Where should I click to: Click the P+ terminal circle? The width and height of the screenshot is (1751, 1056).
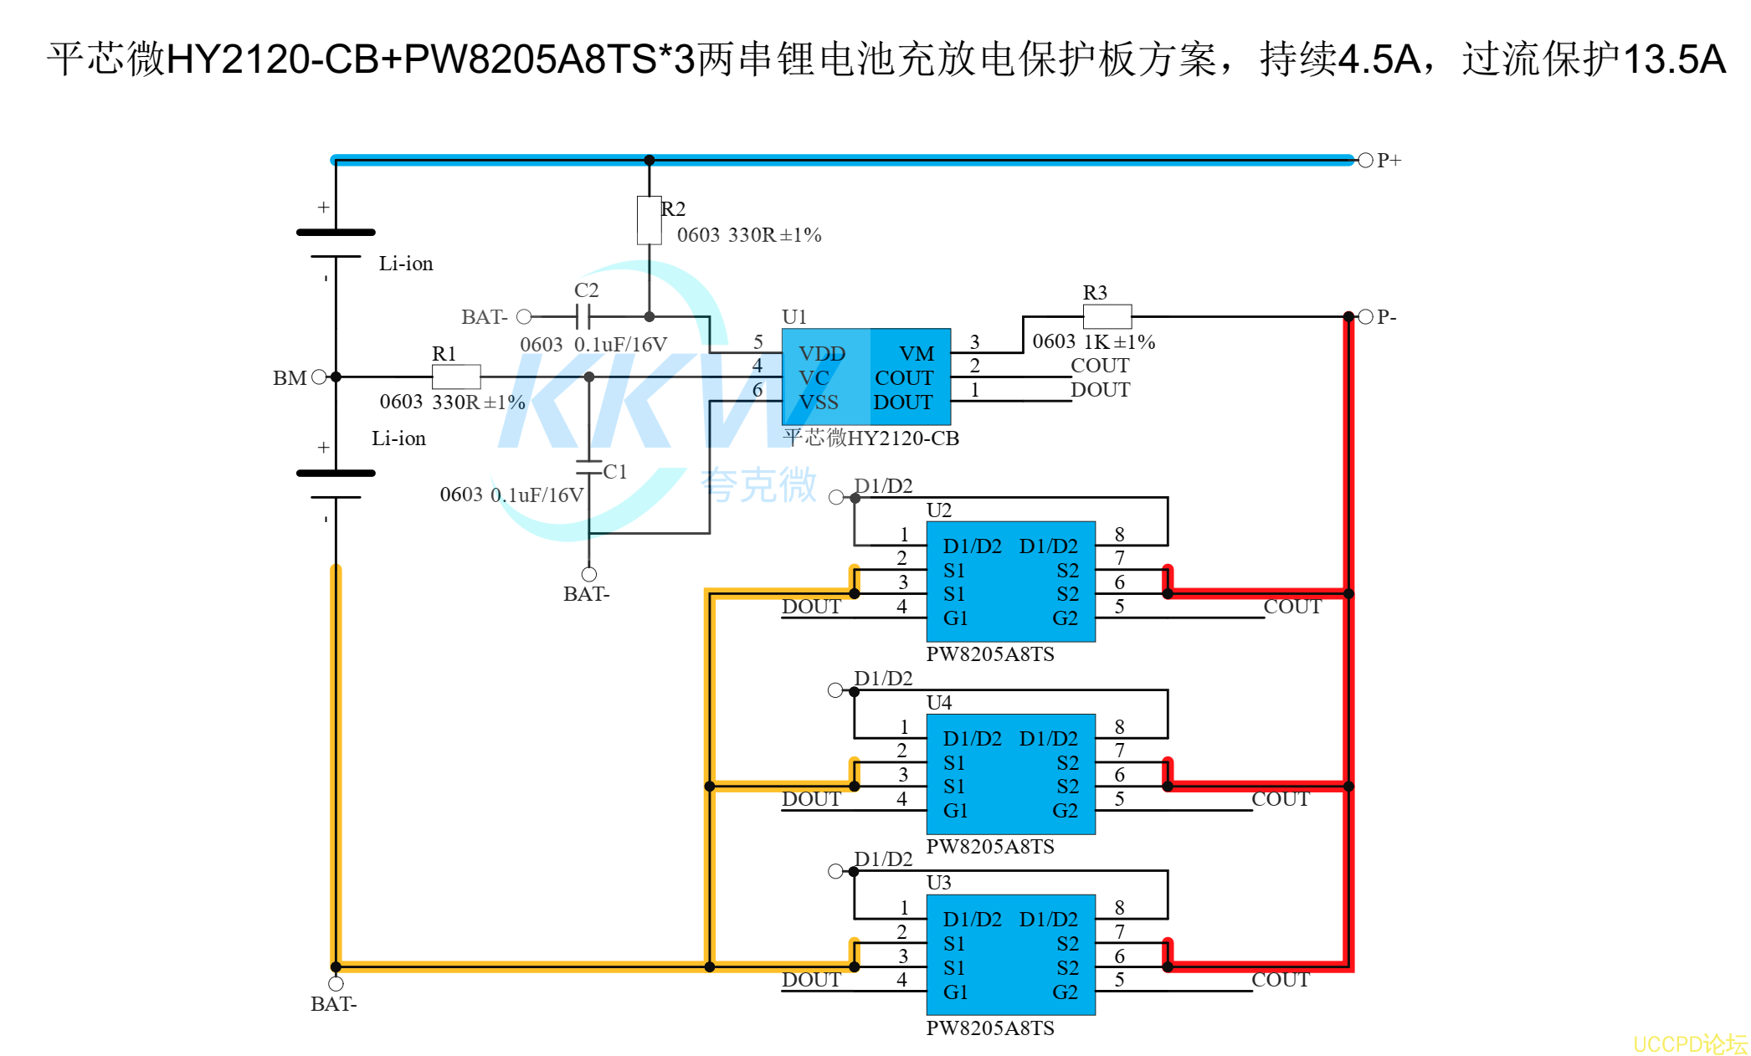pyautogui.click(x=1365, y=160)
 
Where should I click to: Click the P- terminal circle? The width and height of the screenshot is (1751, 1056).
pyautogui.click(x=1365, y=316)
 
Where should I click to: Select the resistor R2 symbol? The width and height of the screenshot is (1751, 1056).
pyautogui.click(x=649, y=220)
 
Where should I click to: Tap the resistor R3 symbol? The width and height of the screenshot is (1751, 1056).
pyautogui.click(x=1107, y=316)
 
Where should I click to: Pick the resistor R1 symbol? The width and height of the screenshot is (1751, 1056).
pyautogui.click(x=456, y=377)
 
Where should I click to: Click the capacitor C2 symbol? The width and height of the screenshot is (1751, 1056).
pyautogui.click(x=583, y=316)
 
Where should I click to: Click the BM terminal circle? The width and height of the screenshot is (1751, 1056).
pyautogui.click(x=319, y=377)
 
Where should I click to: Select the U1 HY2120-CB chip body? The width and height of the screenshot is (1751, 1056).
pyautogui.click(x=866, y=377)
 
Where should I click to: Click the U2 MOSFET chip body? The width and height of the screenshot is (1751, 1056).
pyautogui.click(x=1011, y=582)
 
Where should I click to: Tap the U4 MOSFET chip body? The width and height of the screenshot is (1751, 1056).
pyautogui.click(x=1011, y=774)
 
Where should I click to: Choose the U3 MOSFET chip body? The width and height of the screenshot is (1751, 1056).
pyautogui.click(x=1011, y=955)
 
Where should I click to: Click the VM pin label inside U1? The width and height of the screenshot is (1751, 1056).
pyautogui.click(x=917, y=354)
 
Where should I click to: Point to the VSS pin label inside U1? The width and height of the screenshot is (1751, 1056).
pyautogui.click(x=819, y=402)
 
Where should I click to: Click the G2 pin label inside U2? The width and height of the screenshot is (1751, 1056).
pyautogui.click(x=1065, y=618)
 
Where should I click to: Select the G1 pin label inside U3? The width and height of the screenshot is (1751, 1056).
pyautogui.click(x=956, y=992)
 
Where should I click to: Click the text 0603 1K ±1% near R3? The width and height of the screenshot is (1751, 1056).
pyautogui.click(x=1094, y=341)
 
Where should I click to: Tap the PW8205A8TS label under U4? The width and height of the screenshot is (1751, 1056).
pyautogui.click(x=990, y=847)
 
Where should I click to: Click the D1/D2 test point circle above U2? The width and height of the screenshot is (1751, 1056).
pyautogui.click(x=836, y=497)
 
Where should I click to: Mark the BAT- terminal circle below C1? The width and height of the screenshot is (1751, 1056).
pyautogui.click(x=589, y=574)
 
